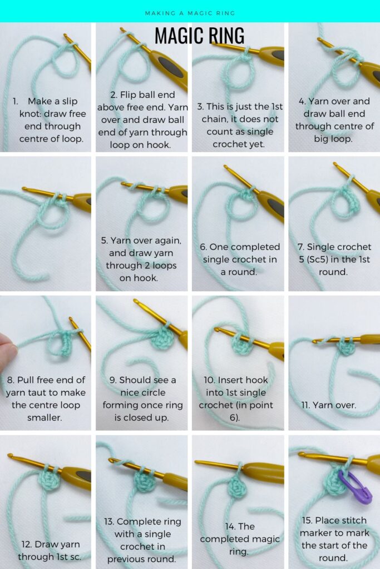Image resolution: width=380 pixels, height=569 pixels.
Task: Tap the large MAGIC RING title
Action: point(199,36)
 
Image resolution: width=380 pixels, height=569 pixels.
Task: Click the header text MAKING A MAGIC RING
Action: point(190,13)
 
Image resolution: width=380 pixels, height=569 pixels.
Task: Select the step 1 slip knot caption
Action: point(50,120)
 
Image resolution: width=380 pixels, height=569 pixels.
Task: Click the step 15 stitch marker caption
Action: point(334,539)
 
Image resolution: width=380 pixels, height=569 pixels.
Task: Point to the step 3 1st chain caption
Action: point(239,126)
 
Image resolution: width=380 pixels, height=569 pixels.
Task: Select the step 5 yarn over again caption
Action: point(141,259)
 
